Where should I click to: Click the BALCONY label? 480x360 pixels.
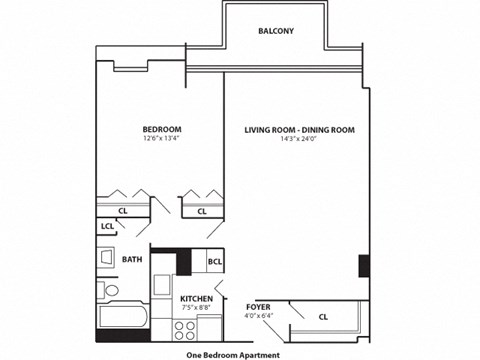pyautogui.click(x=276, y=31)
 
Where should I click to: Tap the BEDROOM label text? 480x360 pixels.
pyautogui.click(x=161, y=130)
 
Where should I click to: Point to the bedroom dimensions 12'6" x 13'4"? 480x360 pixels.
pyautogui.click(x=161, y=140)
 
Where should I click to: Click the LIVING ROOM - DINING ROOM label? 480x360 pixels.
pyautogui.click(x=300, y=130)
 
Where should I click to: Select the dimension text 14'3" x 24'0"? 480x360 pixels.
pyautogui.click(x=300, y=140)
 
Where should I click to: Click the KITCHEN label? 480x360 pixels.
pyautogui.click(x=195, y=299)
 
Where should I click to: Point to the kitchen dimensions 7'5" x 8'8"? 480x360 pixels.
pyautogui.click(x=195, y=308)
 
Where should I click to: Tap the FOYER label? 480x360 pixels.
pyautogui.click(x=258, y=308)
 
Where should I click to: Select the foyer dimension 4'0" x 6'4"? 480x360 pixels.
pyautogui.click(x=258, y=317)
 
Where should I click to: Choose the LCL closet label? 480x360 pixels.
pyautogui.click(x=106, y=226)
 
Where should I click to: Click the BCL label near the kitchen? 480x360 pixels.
pyautogui.click(x=214, y=262)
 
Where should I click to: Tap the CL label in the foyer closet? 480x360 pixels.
pyautogui.click(x=322, y=317)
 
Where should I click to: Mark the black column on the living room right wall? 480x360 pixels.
pyautogui.click(x=364, y=267)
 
